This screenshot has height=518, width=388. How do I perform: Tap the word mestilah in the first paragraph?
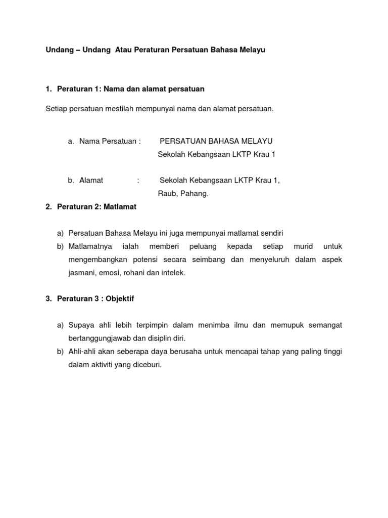click(x=111, y=109)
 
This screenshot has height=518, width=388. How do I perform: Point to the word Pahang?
click(x=197, y=193)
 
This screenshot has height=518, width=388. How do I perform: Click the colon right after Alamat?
click(x=138, y=180)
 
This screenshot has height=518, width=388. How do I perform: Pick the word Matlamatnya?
click(x=90, y=246)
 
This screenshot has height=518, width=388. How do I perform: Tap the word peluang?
click(x=203, y=246)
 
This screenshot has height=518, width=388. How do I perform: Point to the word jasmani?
click(x=82, y=273)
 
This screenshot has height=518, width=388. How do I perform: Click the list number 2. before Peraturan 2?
click(x=48, y=206)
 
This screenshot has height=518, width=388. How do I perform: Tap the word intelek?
click(x=172, y=273)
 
